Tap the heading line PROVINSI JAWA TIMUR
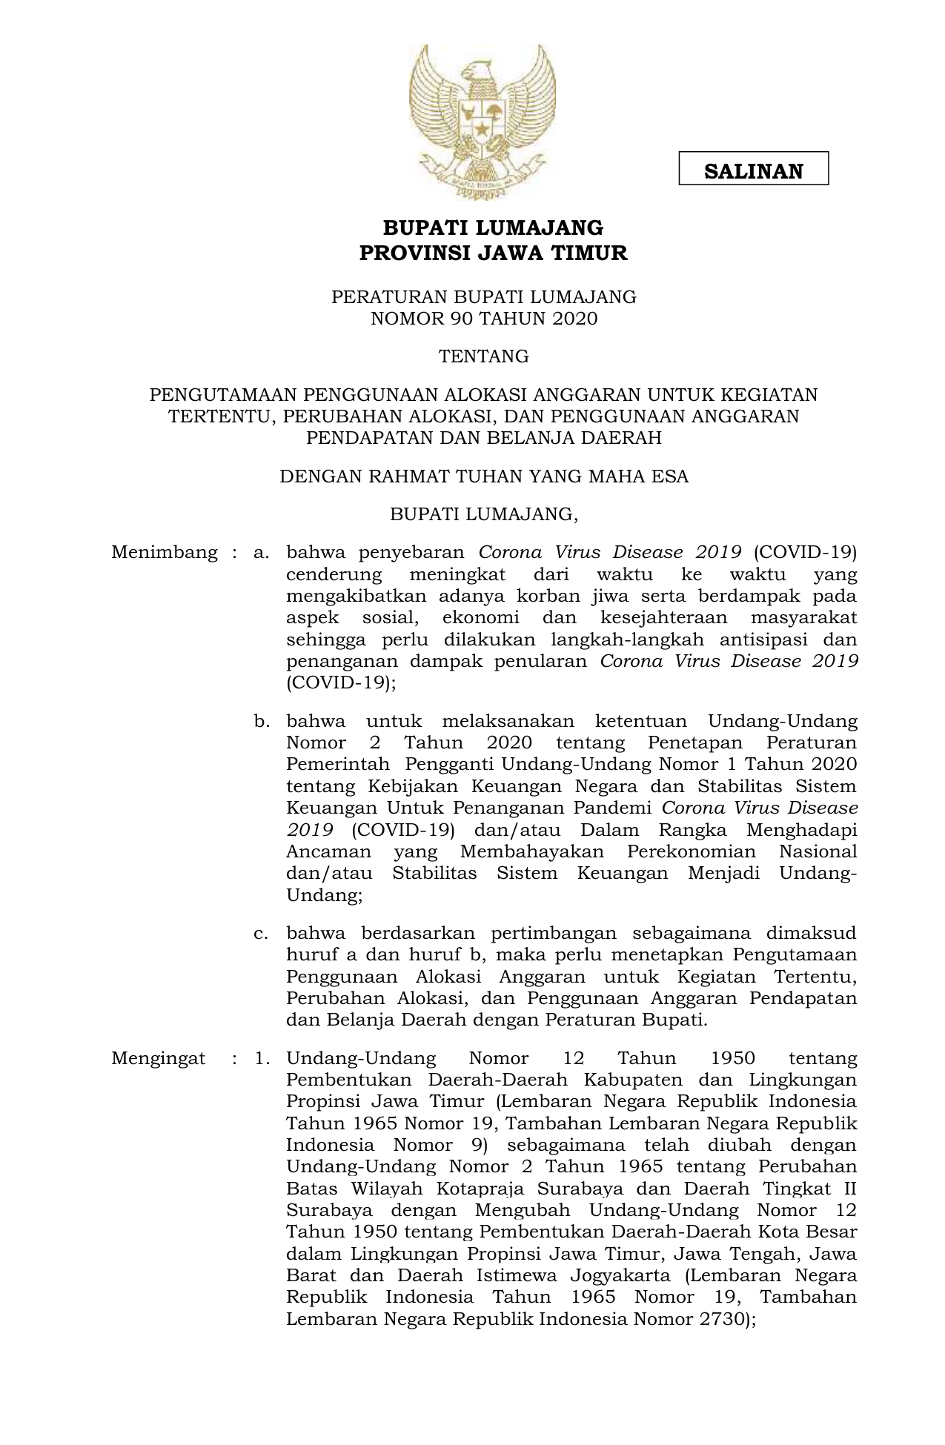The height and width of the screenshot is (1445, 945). coord(493,253)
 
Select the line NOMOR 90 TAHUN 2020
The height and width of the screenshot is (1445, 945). coord(483,319)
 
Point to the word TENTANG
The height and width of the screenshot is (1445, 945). coord(483,356)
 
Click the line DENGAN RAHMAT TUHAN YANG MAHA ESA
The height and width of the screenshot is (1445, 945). coord(483,476)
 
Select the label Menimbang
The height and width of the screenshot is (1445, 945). coord(165,552)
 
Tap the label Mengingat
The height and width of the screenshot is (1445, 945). coord(158,1058)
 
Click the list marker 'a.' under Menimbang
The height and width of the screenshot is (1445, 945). coord(261,553)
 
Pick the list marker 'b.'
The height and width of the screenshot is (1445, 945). coord(262,721)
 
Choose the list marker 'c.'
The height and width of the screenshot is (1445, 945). coord(261,933)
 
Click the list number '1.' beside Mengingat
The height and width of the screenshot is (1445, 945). coord(262,1058)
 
